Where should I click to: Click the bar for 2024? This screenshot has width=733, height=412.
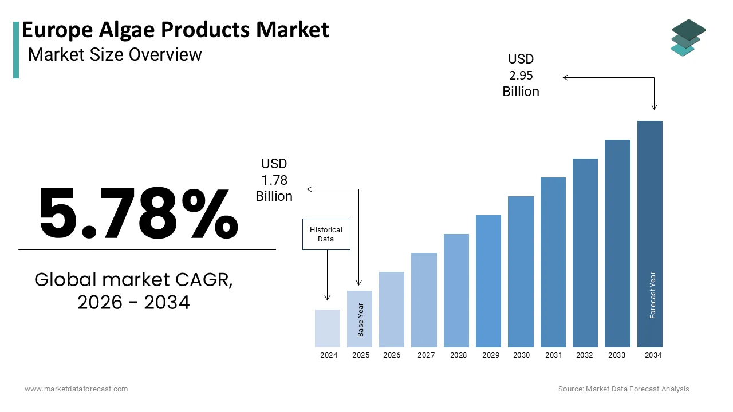(x=328, y=328)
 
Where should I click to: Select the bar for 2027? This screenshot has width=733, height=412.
(x=424, y=300)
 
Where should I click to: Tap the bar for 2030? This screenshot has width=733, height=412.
(x=521, y=271)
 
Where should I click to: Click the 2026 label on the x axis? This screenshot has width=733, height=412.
(x=392, y=355)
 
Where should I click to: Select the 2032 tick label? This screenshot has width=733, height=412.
(x=585, y=355)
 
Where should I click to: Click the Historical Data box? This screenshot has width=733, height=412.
(x=326, y=234)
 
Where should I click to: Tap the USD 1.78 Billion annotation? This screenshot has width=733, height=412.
(x=274, y=180)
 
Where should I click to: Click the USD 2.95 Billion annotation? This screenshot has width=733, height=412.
(x=521, y=76)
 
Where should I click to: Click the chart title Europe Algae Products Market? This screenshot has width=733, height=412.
(x=175, y=30)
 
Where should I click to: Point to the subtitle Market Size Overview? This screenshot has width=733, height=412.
(x=115, y=54)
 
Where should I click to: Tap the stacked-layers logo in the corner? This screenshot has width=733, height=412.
(x=688, y=38)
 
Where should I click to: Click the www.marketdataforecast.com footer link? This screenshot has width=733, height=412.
(x=76, y=389)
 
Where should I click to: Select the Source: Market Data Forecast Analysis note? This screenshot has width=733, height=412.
(x=624, y=389)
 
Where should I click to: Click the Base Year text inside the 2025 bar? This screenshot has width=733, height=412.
(x=361, y=319)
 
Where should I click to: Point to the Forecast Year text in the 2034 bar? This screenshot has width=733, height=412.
(x=652, y=295)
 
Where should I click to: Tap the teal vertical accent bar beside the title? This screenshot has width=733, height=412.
(x=16, y=50)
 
